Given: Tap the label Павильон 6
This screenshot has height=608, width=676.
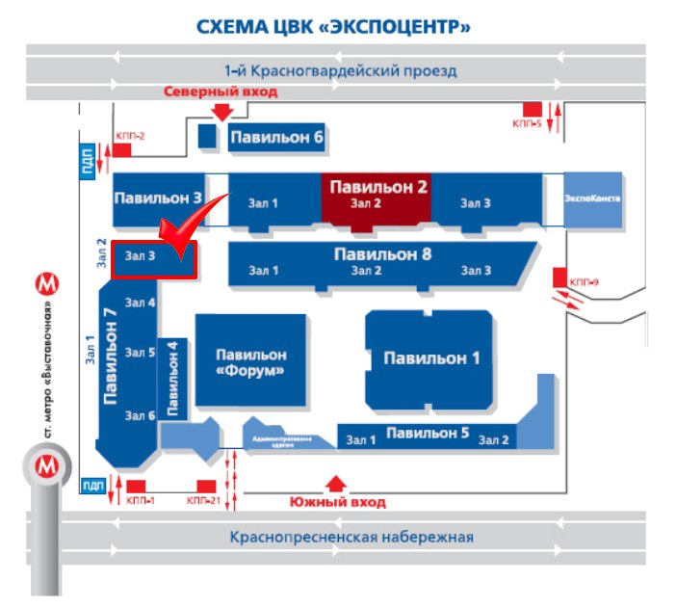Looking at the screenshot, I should pyautogui.click(x=275, y=138).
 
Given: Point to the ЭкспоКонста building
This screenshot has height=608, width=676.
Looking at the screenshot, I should pyautogui.click(x=592, y=198).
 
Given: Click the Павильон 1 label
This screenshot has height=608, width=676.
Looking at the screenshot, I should pyautogui.click(x=431, y=358).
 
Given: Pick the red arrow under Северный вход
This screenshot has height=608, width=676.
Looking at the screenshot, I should pyautogui.click(x=221, y=111).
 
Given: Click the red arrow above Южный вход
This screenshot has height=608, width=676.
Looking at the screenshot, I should pyautogui.click(x=336, y=482).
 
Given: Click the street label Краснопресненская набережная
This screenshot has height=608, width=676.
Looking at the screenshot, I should pyautogui.click(x=351, y=537).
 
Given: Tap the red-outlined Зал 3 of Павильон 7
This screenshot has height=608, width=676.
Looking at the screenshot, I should pyautogui.click(x=154, y=259).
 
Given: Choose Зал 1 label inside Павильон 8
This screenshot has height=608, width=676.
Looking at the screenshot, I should pyautogui.click(x=263, y=271).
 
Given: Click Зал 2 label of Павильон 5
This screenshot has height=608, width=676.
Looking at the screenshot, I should pyautogui.click(x=492, y=440).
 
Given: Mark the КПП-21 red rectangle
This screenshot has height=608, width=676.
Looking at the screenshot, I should pyautogui.click(x=205, y=486).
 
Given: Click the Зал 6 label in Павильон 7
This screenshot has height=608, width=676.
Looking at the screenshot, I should pyautogui.click(x=141, y=415).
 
